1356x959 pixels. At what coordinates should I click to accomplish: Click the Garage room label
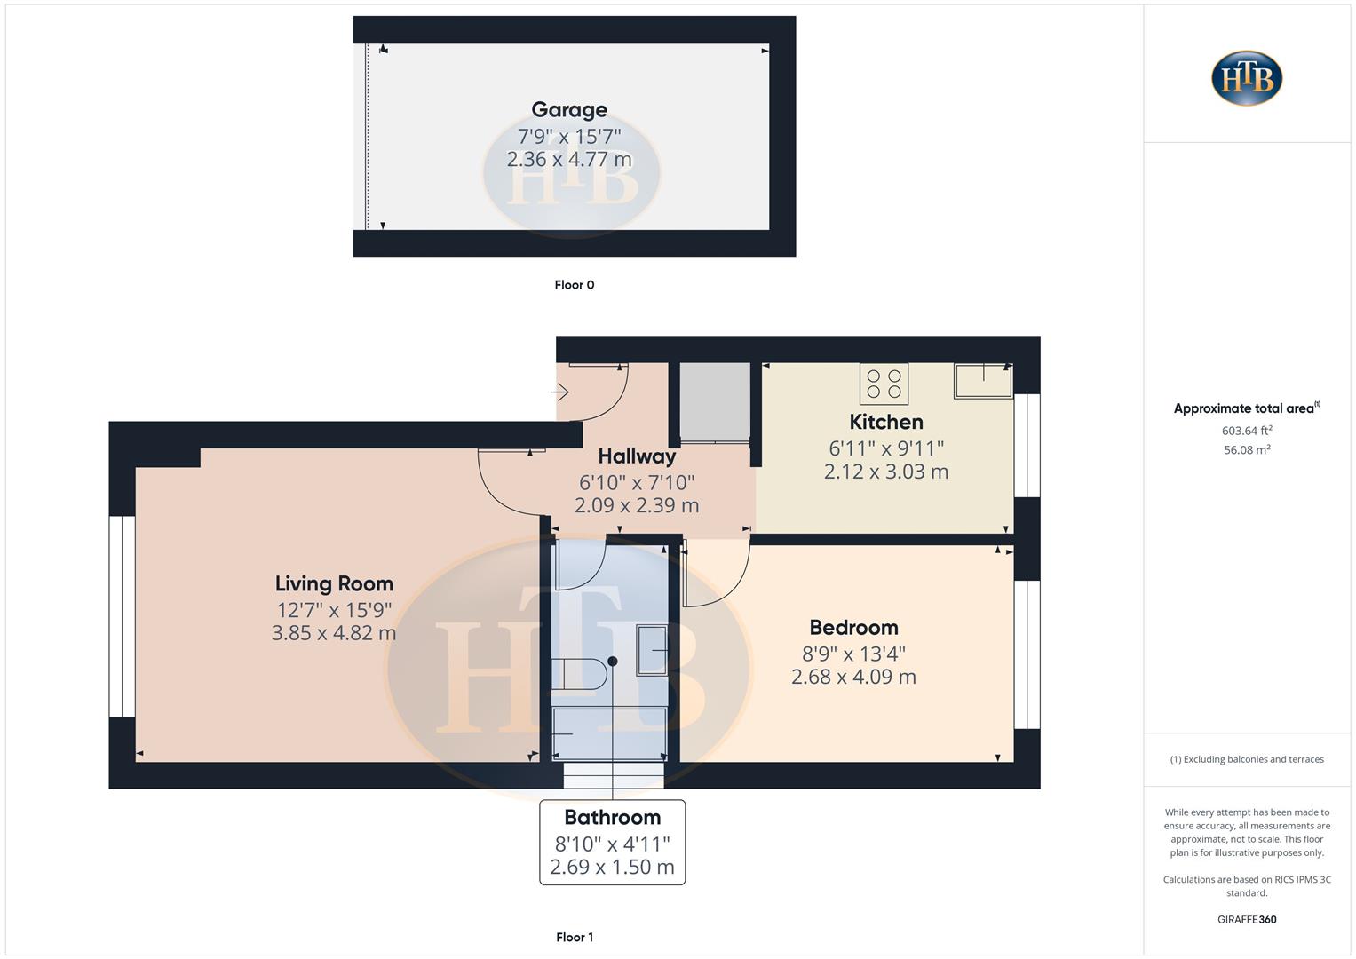pyautogui.click(x=569, y=110)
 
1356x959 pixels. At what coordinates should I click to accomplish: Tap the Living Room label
pyautogui.click(x=334, y=583)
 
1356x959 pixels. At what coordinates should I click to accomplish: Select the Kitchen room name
pyautogui.click(x=886, y=422)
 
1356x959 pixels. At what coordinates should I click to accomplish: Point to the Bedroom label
pyautogui.click(x=853, y=628)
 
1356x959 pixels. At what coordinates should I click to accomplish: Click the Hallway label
pyautogui.click(x=637, y=456)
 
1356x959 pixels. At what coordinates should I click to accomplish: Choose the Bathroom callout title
pyautogui.click(x=613, y=818)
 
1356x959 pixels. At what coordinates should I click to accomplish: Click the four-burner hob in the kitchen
pyautogui.click(x=884, y=384)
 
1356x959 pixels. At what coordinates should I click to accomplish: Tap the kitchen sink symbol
pyautogui.click(x=983, y=380)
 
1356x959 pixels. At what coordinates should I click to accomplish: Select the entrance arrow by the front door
pyautogui.click(x=559, y=392)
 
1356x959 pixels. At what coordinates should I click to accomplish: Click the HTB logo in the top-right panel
pyautogui.click(x=1247, y=78)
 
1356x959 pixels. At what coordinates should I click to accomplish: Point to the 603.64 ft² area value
pyautogui.click(x=1247, y=431)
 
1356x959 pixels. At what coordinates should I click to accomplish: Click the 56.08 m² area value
pyautogui.click(x=1247, y=450)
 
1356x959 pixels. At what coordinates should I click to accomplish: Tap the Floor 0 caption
pyautogui.click(x=575, y=285)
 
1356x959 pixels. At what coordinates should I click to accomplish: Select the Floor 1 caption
pyautogui.click(x=575, y=937)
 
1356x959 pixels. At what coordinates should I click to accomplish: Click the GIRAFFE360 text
pyautogui.click(x=1247, y=919)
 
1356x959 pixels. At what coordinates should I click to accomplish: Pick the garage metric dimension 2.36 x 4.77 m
pyautogui.click(x=569, y=160)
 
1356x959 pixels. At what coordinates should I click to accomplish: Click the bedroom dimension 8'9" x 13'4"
pyautogui.click(x=853, y=654)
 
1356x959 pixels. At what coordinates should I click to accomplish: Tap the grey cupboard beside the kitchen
pyautogui.click(x=715, y=401)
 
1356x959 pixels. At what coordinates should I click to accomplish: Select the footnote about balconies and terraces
pyautogui.click(x=1247, y=759)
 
